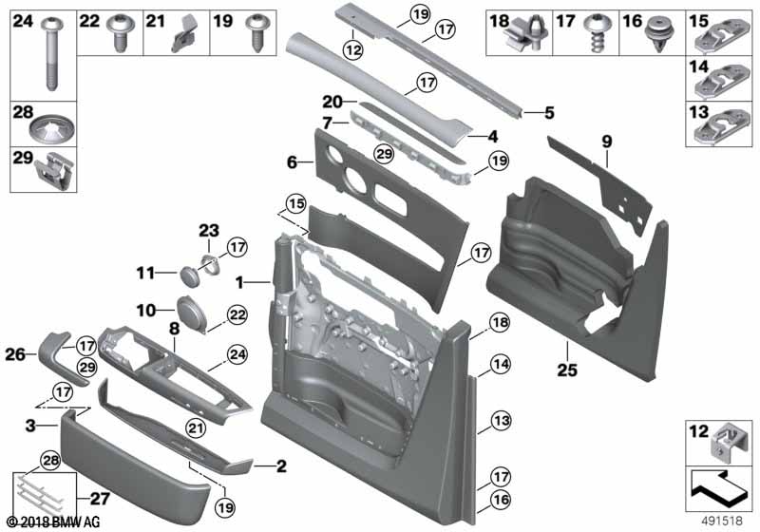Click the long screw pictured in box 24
[x=51, y=53]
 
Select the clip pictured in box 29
[x=55, y=171]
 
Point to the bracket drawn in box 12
[x=725, y=441]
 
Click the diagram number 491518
[x=722, y=521]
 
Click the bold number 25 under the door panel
[x=567, y=370]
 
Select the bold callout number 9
[x=607, y=142]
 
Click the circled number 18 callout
[x=500, y=322]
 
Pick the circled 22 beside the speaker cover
[x=237, y=315]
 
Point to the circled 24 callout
[x=237, y=354]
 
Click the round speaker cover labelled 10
[x=193, y=313]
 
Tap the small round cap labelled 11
[x=189, y=275]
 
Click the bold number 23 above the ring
[x=209, y=231]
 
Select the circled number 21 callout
[x=196, y=427]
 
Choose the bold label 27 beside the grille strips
[x=99, y=498]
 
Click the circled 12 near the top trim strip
[x=353, y=49]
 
